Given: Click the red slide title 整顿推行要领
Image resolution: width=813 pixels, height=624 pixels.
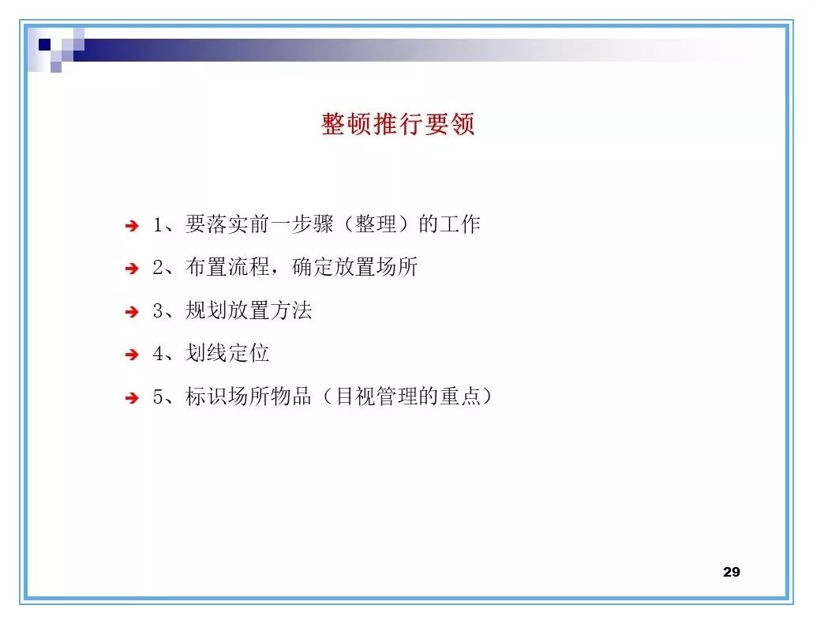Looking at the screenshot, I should coord(398,125).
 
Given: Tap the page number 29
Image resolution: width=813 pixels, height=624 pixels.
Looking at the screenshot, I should coord(731,572).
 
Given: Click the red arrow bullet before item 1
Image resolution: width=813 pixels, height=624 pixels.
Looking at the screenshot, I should coord(132,226).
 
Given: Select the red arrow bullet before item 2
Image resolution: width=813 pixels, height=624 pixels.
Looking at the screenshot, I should coord(132,269).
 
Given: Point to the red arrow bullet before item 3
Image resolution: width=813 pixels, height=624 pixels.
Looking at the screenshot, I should coord(132,312).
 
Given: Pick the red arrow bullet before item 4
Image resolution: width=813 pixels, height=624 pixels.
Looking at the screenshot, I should coord(132,355).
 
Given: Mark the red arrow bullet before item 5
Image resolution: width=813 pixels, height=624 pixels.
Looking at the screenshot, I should coord(132,398).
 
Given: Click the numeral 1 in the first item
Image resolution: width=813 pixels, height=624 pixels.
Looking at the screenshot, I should coord(157,225).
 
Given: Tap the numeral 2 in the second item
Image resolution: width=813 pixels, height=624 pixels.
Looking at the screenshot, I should coord(157,268).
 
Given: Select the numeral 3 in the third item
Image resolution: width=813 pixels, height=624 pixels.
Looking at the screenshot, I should coord(157,311).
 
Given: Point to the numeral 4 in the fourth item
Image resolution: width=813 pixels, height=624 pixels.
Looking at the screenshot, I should coord(157,354).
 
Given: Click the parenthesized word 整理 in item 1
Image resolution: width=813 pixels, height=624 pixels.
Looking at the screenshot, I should coord(376,224).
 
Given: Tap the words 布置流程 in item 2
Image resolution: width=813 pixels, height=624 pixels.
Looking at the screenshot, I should coord(227,267).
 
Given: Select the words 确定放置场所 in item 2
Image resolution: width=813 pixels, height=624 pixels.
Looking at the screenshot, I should coord(354,267).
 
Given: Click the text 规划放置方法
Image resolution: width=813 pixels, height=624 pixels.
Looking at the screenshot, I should coord(249,310).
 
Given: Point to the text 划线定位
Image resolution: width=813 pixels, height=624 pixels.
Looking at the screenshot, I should coord(227,353).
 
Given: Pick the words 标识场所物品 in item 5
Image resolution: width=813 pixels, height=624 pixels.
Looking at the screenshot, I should coord(249,397).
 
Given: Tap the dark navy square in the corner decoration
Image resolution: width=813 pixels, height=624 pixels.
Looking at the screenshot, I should coord(45,44).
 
